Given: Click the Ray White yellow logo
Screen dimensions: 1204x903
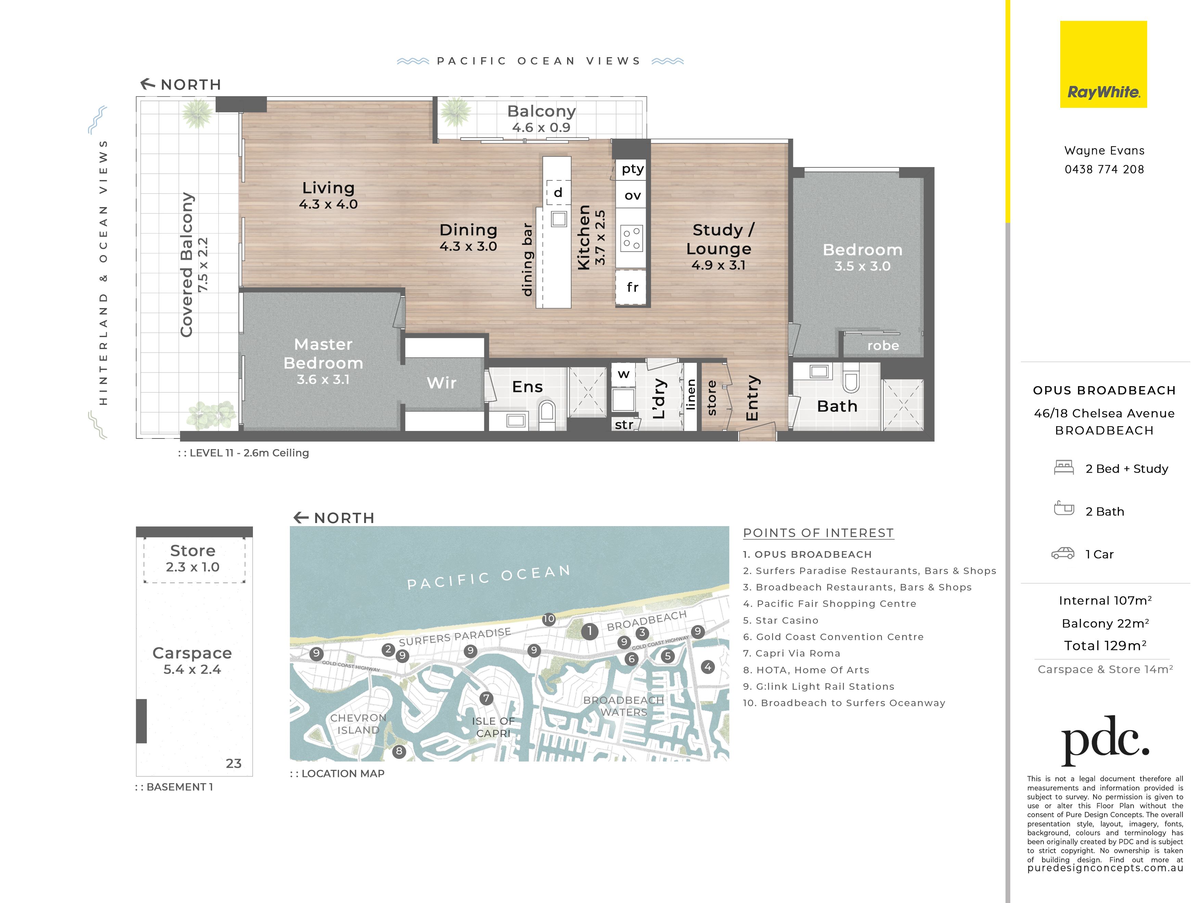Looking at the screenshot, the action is [1103, 64].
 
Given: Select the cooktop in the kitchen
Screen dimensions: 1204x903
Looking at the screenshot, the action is [631, 238].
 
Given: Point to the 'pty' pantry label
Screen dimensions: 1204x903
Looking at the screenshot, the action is [632, 169].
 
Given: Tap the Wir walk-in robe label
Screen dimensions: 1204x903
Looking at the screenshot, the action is [441, 383].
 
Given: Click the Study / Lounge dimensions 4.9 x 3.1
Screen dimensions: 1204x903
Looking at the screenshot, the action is [718, 265].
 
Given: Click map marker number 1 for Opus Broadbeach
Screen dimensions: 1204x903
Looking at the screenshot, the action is [589, 632].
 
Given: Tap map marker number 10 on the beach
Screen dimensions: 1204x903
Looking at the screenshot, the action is [549, 619].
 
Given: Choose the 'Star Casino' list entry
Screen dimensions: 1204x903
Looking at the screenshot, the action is [781, 621].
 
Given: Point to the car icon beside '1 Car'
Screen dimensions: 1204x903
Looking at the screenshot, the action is [1062, 554].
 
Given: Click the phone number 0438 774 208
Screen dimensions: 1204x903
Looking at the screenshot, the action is [1104, 169].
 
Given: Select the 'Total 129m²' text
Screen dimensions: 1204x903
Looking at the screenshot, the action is [1105, 646].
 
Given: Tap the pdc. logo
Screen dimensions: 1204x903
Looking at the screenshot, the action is [1105, 741].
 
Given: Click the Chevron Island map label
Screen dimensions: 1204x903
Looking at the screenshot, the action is [358, 724].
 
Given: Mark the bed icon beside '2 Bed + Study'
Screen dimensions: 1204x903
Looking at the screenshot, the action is [1064, 468].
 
